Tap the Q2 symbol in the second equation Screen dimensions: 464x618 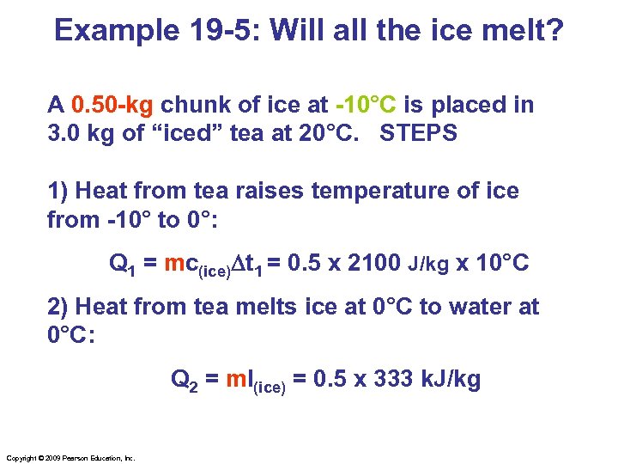(x=185, y=378)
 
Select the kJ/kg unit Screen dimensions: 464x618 (x=455, y=378)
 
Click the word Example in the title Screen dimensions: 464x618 (x=110, y=32)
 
